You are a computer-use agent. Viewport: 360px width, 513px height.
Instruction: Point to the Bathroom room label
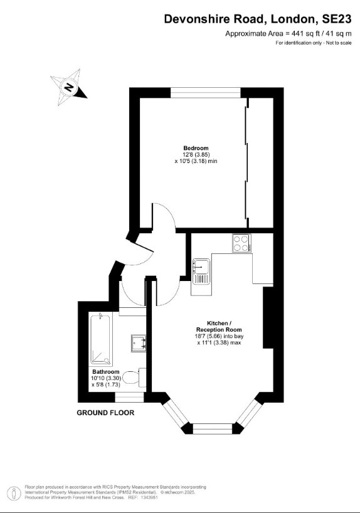tap(105, 371)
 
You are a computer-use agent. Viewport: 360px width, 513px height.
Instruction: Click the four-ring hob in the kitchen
tap(241, 243)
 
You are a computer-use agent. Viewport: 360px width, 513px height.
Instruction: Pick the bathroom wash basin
tap(139, 343)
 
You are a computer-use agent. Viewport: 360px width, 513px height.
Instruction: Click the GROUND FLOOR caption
tap(105, 413)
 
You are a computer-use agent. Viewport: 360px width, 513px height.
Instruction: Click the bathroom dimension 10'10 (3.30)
tap(105, 378)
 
